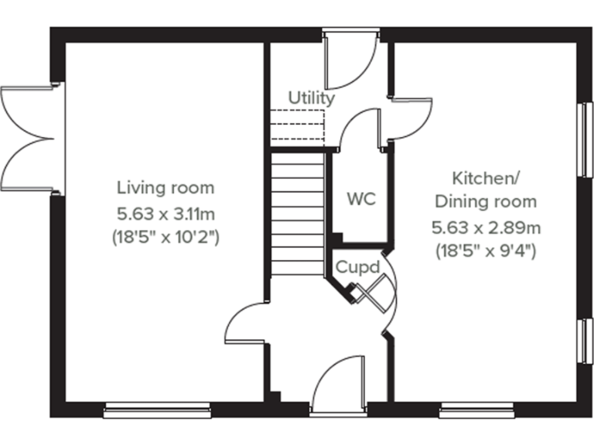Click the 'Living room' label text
coord(166,187)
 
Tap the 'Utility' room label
coord(312,98)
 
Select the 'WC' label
coord(360,199)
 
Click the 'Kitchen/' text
coord(485,178)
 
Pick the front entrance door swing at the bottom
coord(339,381)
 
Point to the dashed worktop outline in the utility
coord(296,124)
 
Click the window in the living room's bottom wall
coord(157,410)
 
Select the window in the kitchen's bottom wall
coord(473,410)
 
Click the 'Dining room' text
coord(485,202)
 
